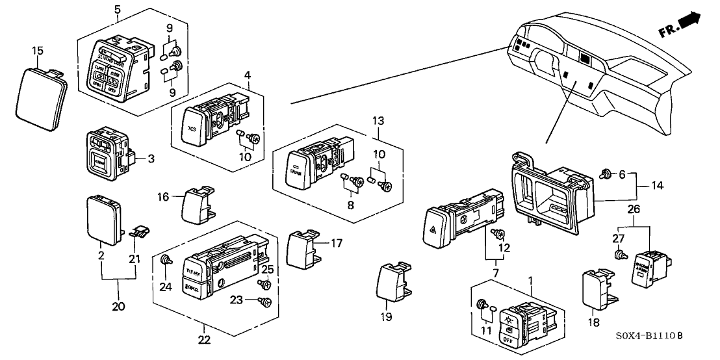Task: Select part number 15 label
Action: click(x=38, y=51)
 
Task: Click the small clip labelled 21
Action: click(x=137, y=230)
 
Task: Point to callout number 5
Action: click(x=117, y=9)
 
